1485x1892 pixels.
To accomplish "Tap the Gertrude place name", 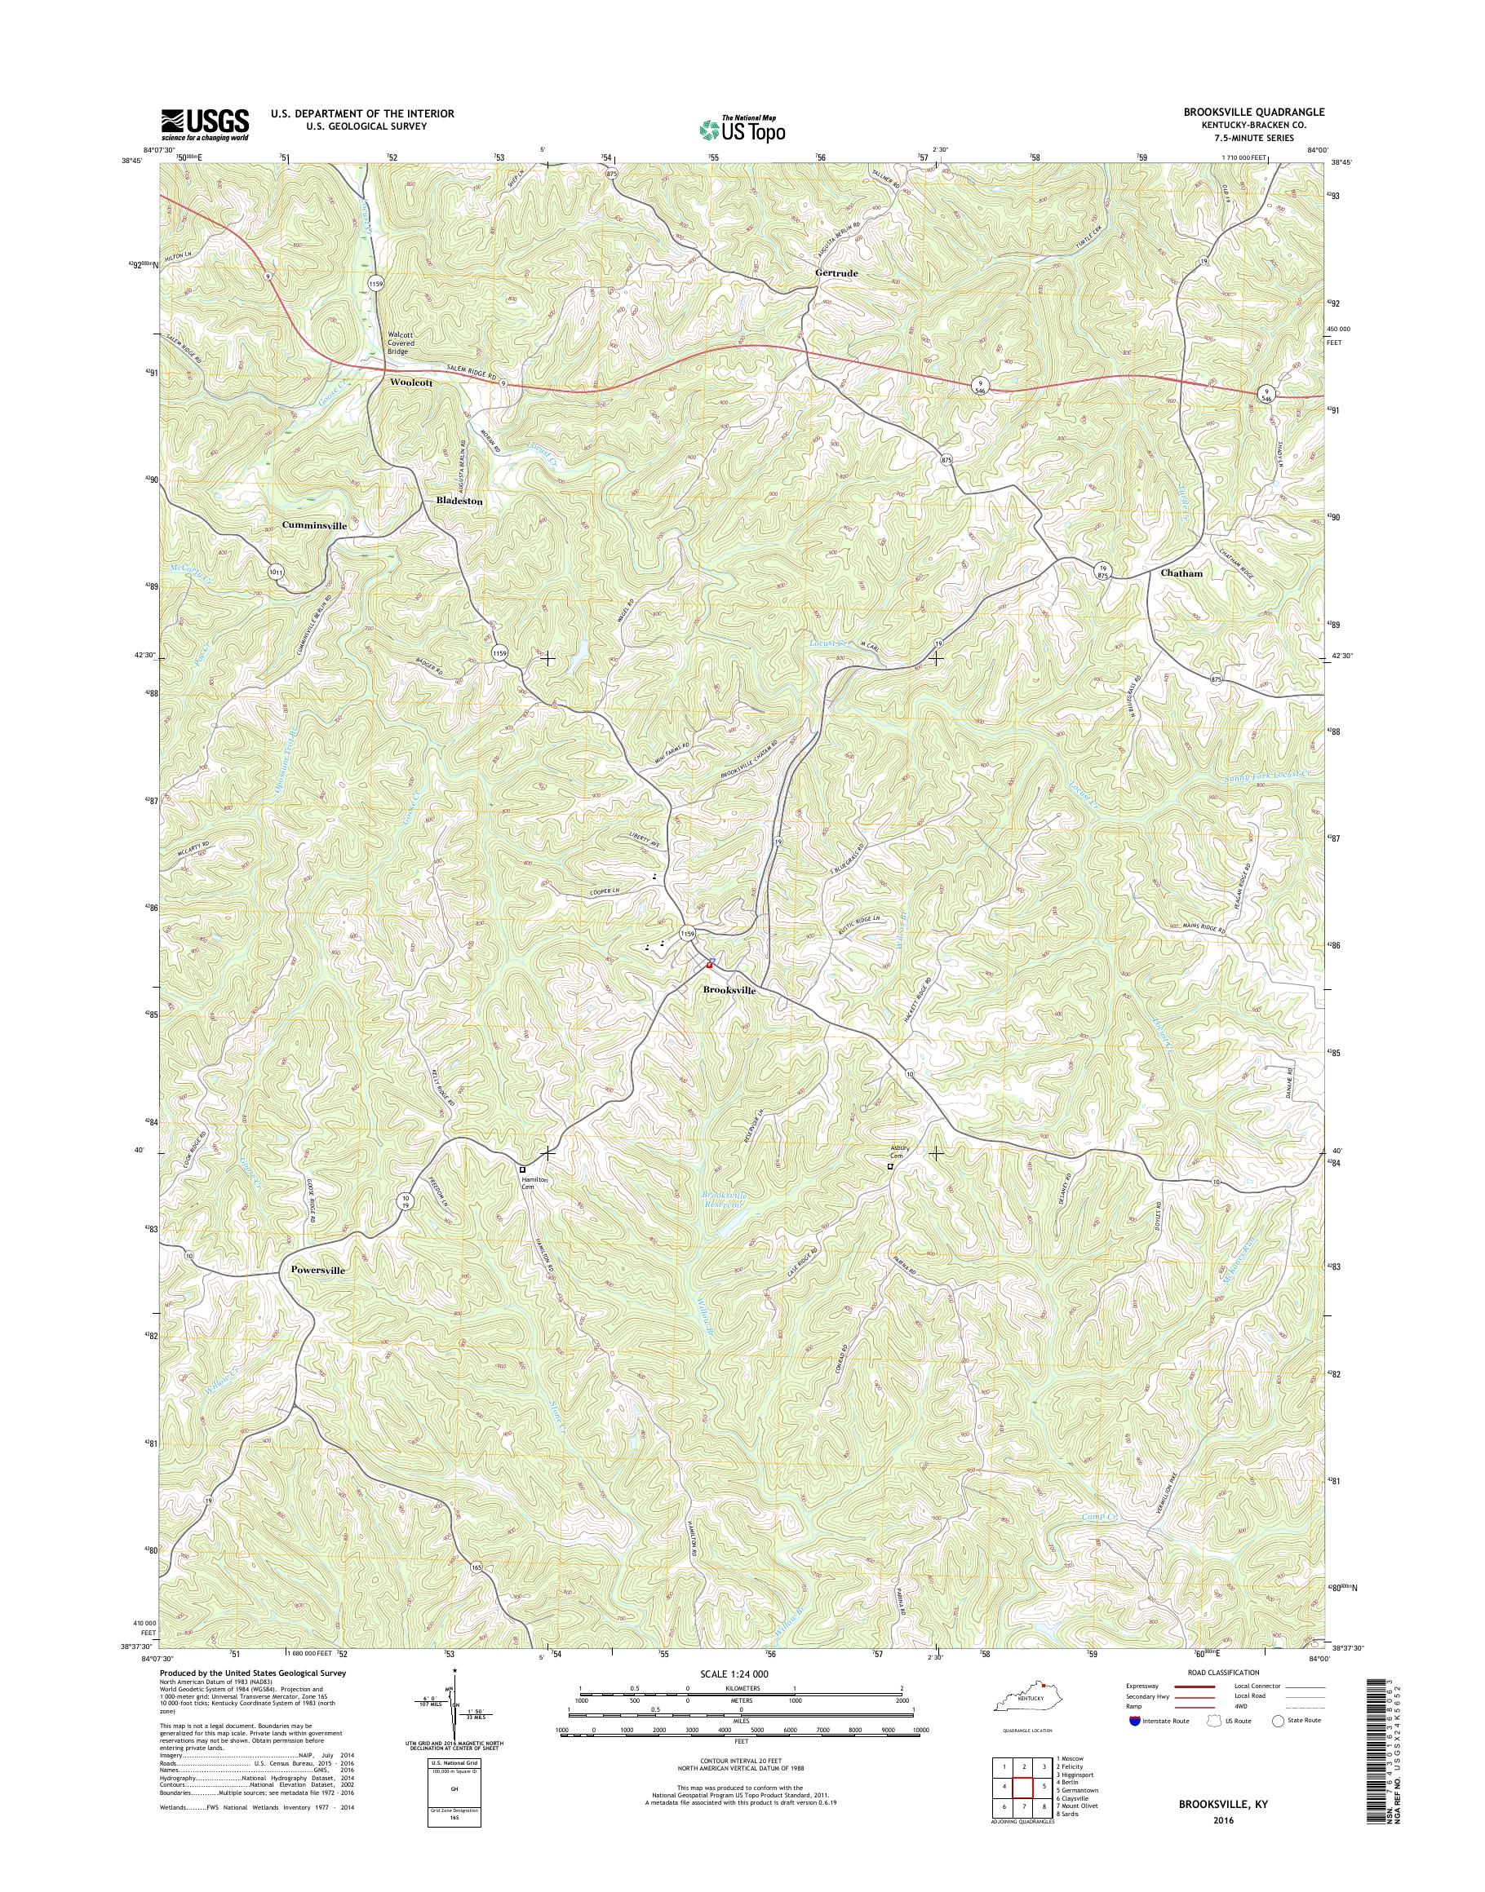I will point(836,273).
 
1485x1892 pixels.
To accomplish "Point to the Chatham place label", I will point(1181,573).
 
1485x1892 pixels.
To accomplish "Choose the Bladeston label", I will point(459,502).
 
